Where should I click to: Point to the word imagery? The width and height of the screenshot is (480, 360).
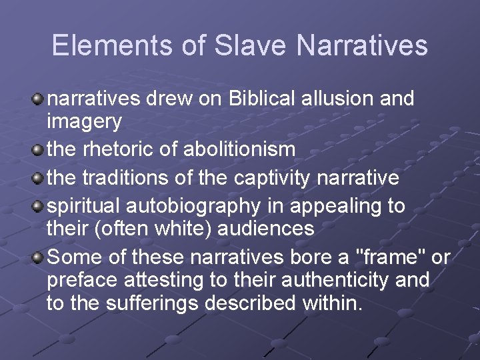84,122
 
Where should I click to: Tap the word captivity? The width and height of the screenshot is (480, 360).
278,178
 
